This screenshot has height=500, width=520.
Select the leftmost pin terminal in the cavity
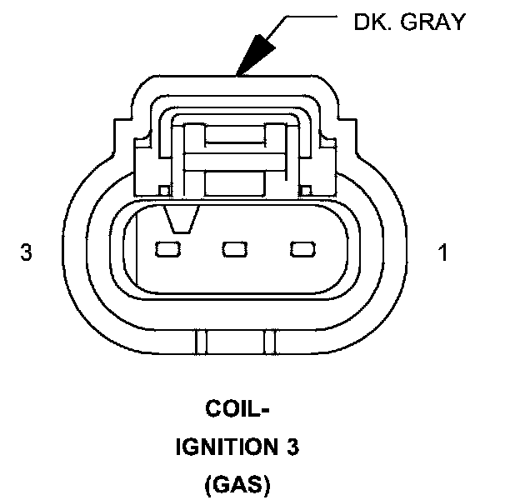click(167, 248)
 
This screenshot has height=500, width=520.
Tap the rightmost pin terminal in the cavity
click(301, 248)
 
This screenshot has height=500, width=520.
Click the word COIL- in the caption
click(237, 410)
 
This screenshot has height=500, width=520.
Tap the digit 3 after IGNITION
click(292, 448)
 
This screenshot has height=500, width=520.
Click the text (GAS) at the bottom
click(237, 485)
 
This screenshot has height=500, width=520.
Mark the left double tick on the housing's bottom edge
click(198, 342)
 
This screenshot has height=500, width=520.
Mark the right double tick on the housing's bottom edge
click(270, 342)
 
